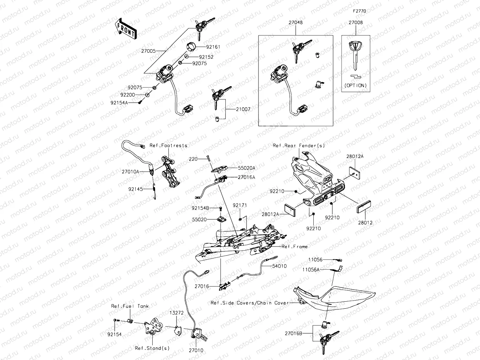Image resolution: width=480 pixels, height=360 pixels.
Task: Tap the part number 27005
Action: point(148,51)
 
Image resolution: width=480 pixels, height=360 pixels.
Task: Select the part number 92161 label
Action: point(213,47)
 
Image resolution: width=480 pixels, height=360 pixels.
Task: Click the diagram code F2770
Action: point(360,11)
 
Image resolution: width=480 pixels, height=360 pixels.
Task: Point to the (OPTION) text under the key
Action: point(356,85)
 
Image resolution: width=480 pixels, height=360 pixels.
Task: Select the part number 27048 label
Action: point(295,22)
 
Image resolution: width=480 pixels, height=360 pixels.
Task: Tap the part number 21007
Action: point(243,109)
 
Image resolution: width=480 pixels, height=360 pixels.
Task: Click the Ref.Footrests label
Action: point(168,146)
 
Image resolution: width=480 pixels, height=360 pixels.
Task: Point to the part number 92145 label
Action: point(135,189)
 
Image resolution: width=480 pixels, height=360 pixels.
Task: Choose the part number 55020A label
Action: point(247,168)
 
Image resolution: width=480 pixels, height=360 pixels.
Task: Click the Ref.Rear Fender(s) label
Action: point(299,146)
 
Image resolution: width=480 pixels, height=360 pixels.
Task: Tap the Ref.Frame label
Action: point(294,247)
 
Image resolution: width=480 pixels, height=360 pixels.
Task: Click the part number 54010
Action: point(279,266)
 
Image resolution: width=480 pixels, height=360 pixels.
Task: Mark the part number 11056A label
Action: point(311,270)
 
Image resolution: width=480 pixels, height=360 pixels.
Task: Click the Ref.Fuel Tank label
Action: point(130,306)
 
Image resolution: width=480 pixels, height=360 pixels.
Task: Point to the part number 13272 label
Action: point(177,313)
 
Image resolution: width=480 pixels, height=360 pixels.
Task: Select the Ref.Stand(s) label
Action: point(152,348)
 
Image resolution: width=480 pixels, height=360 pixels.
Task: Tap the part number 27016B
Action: point(293,333)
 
